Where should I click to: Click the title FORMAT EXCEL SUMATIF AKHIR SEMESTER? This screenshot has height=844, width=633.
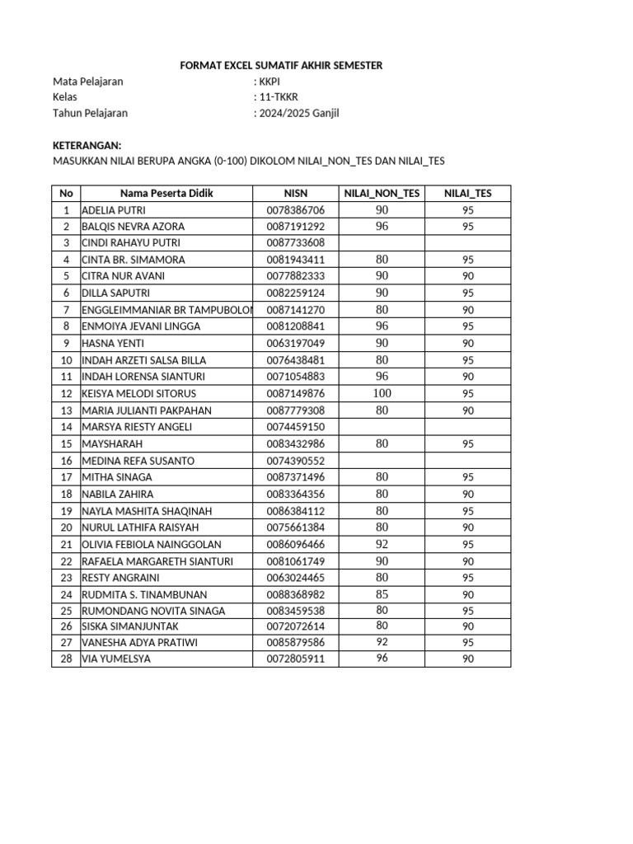(281, 65)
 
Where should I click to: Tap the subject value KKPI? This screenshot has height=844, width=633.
(269, 82)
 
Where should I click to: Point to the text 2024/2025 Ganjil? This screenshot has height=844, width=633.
(298, 114)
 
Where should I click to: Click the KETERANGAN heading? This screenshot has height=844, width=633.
(87, 145)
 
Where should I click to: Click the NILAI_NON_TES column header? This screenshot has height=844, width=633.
(382, 194)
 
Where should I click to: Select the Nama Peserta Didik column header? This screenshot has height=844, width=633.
(166, 194)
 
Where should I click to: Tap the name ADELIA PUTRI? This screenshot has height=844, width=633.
(114, 210)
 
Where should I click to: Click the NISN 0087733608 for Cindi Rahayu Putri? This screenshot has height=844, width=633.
(295, 243)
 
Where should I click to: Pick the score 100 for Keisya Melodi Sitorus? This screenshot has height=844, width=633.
(382, 393)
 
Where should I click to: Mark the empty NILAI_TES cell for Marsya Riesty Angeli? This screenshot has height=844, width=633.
(467, 427)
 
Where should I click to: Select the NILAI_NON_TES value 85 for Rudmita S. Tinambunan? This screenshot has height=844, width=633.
(382, 593)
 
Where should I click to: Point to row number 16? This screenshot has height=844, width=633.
(66, 461)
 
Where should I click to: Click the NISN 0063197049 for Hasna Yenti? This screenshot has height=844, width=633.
(295, 343)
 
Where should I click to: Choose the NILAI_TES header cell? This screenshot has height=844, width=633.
(467, 194)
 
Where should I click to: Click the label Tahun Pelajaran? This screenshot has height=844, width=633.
(90, 114)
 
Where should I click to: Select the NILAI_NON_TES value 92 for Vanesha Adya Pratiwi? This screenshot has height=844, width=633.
(382, 641)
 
